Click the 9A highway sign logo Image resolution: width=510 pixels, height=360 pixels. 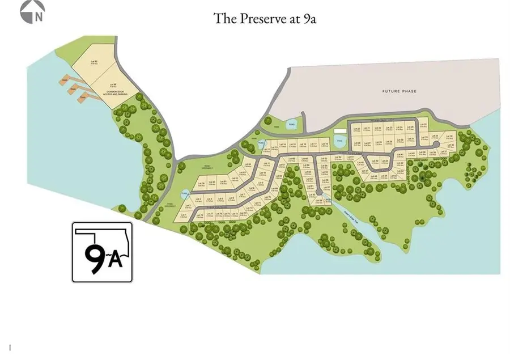click(102, 252)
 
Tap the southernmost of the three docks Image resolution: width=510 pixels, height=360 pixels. click(83, 100)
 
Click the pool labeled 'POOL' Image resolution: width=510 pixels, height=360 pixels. click(339, 139)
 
